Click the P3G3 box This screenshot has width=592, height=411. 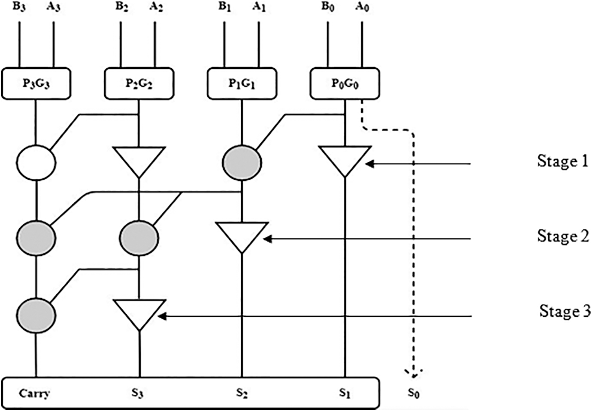(x=36, y=84)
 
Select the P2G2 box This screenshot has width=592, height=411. (x=139, y=84)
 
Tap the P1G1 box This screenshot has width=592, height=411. (x=242, y=84)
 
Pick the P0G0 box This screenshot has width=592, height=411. (x=345, y=84)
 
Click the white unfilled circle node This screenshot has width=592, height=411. (x=36, y=162)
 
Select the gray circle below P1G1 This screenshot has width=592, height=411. (x=242, y=162)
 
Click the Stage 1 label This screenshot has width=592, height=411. (x=562, y=161)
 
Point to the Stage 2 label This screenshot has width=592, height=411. (x=563, y=236)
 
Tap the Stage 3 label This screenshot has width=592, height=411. (x=564, y=311)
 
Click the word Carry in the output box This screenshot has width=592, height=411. (x=34, y=393)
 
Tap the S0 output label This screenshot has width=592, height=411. (x=413, y=393)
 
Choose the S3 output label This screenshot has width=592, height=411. (x=137, y=393)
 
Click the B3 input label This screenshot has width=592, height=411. (x=19, y=7)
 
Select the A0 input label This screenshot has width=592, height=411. (x=362, y=7)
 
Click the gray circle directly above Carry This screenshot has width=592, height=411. (x=36, y=316)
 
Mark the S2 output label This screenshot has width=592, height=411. (x=242, y=393)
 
